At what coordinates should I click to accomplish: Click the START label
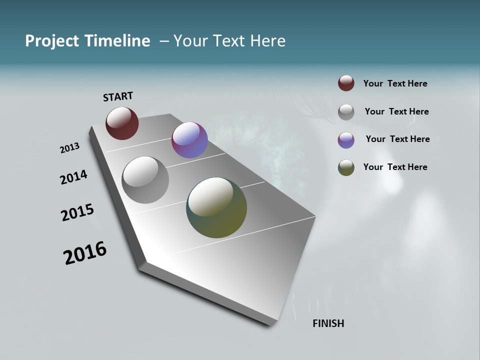coord(118,96)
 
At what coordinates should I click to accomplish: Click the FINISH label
coord(328,323)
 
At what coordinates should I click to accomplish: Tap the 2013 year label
coord(69,148)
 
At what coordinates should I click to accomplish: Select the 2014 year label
coord(73,177)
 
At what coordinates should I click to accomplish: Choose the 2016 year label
coord(85,253)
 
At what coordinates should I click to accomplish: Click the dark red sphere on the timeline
coord(122,123)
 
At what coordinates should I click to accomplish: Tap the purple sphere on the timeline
coord(189,140)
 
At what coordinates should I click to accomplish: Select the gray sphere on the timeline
coord(145,180)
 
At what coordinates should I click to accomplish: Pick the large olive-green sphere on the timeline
coord(216,207)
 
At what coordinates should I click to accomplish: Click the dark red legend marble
coord(346,83)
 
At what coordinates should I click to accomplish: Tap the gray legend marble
coord(346,112)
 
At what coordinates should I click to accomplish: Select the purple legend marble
coord(346,140)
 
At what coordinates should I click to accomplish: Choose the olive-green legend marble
coord(346,167)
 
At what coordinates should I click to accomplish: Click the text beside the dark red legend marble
coord(395,84)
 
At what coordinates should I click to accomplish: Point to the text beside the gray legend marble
coord(396,111)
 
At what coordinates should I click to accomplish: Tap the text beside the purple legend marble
coord(397,139)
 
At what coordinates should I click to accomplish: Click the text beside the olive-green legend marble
coord(395,167)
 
